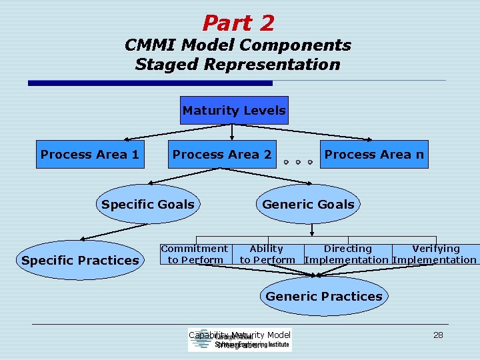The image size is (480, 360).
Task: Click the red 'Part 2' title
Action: pyautogui.click(x=238, y=23)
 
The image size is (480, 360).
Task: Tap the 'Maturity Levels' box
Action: pyautogui.click(x=234, y=111)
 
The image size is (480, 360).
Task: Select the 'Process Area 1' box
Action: pyautogui.click(x=90, y=155)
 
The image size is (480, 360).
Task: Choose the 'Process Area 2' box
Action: pyautogui.click(x=222, y=155)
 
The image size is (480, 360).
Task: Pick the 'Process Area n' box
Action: pyautogui.click(x=374, y=155)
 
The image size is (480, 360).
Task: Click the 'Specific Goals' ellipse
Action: pyautogui.click(x=148, y=204)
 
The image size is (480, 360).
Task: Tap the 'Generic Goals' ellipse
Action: pyautogui.click(x=308, y=204)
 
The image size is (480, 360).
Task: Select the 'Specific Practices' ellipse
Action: pyautogui.click(x=79, y=260)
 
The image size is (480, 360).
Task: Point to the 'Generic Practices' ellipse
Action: pyautogui.click(x=324, y=296)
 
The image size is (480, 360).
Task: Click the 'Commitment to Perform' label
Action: pyautogui.click(x=195, y=254)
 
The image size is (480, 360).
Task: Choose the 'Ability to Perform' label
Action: pyautogui.click(x=267, y=254)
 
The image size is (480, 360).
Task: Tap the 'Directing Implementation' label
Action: pyautogui.click(x=347, y=254)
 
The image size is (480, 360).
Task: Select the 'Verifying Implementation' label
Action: pyautogui.click(x=435, y=254)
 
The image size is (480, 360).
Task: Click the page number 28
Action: pyautogui.click(x=438, y=335)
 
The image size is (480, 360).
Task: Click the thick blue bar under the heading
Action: pyautogui.click(x=150, y=83)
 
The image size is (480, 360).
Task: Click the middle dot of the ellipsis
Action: pyautogui.click(x=297, y=162)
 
